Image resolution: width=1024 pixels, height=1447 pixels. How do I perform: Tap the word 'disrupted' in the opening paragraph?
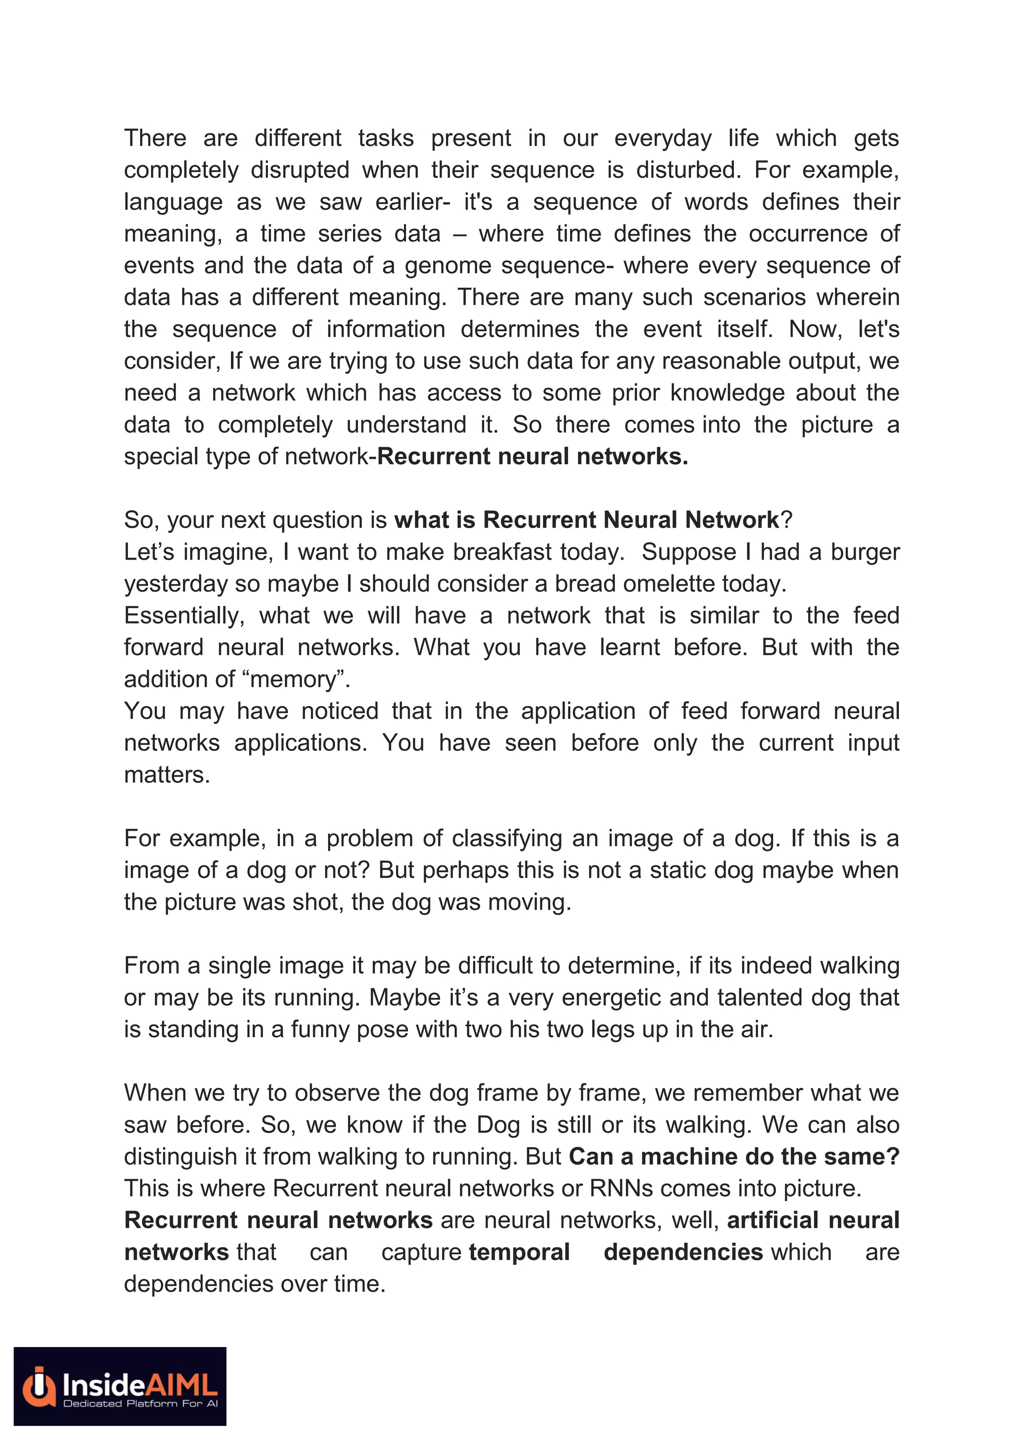299,170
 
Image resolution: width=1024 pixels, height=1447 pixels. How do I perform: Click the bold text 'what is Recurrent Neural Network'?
586,520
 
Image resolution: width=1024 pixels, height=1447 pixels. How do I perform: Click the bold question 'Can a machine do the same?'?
733,1157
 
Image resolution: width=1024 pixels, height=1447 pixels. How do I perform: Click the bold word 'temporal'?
519,1252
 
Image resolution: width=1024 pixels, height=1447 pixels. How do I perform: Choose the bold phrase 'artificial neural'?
813,1221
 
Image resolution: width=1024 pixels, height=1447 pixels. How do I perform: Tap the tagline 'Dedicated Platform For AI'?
140,1404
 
